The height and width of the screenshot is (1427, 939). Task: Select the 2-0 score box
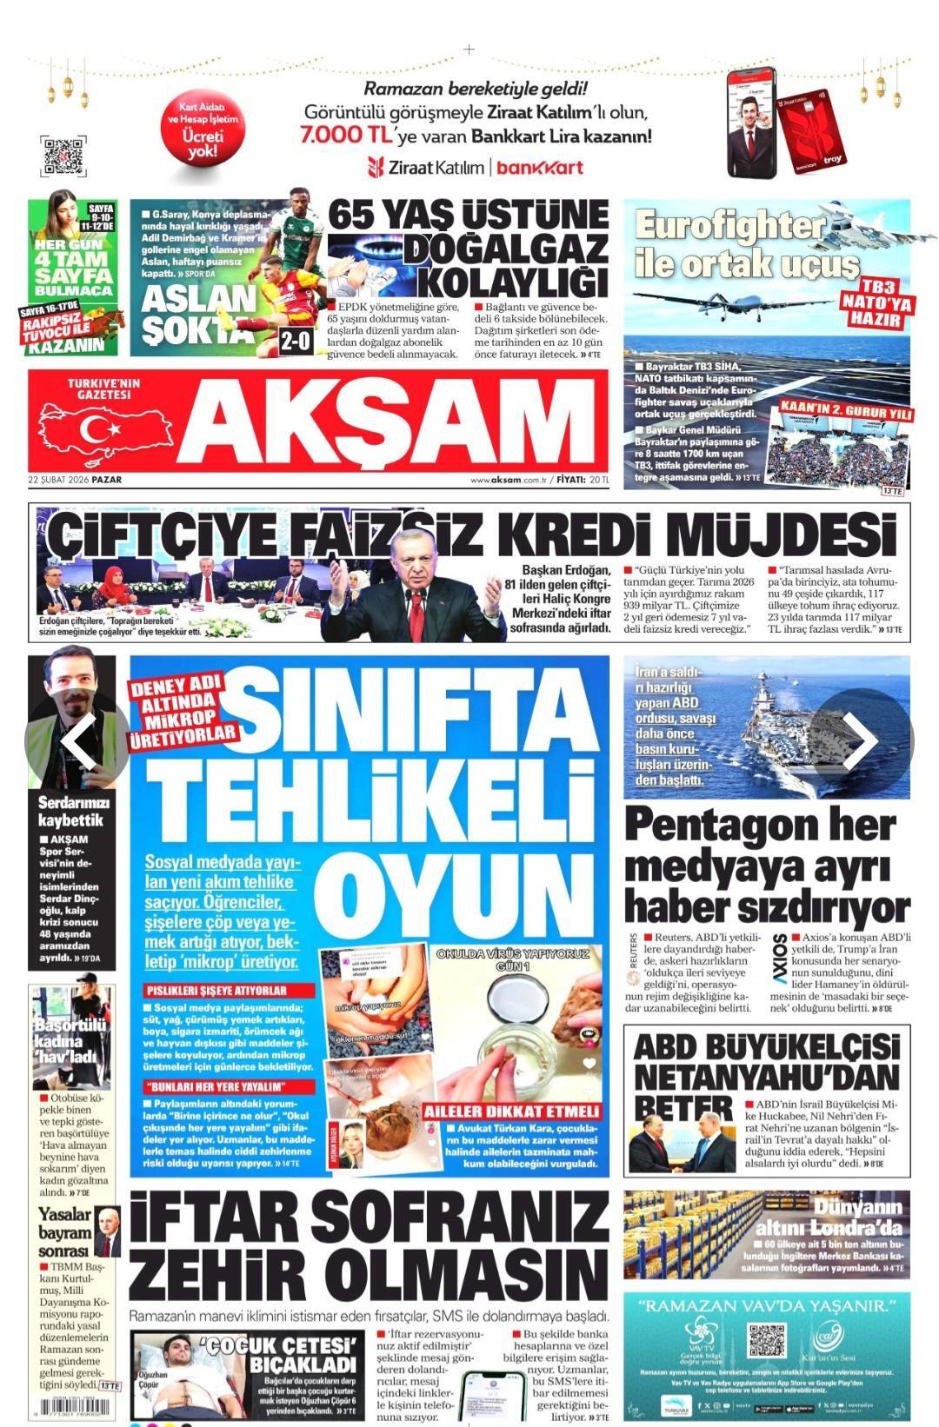(x=295, y=341)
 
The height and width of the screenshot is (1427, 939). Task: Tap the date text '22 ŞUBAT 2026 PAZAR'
(x=75, y=479)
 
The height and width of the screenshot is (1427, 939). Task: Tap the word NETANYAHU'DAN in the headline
(x=766, y=1079)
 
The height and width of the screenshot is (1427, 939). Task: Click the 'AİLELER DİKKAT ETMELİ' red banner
(x=512, y=1112)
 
